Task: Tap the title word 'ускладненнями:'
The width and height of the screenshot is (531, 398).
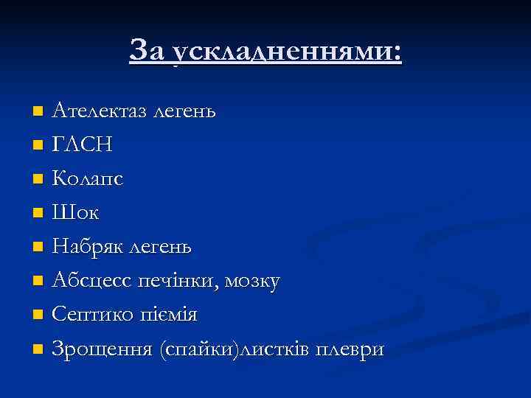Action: point(286,52)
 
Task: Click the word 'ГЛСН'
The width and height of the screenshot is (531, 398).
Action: point(83,145)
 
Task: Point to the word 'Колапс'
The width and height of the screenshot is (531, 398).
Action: point(88,180)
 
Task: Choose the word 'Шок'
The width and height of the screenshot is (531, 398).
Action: point(75,213)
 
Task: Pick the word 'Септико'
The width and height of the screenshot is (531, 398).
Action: point(92,315)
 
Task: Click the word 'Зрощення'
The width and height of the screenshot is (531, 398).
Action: point(102,349)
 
